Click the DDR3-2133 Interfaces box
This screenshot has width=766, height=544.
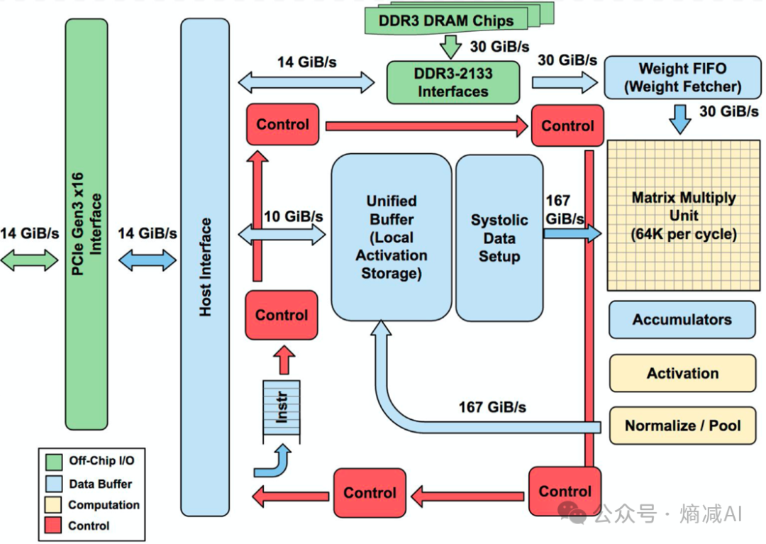(453, 82)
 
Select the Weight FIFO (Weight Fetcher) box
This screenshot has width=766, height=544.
(682, 77)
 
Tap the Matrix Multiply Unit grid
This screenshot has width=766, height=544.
(684, 216)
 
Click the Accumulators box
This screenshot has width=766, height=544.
(682, 320)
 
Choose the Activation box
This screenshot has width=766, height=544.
(682, 374)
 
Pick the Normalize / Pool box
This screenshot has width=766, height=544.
(682, 426)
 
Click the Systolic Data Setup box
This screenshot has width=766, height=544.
(499, 238)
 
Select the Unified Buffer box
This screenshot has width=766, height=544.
(392, 238)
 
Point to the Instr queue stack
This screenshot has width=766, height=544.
(282, 411)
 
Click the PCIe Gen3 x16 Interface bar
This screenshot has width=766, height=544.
(87, 224)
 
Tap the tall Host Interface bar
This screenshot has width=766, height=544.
(205, 267)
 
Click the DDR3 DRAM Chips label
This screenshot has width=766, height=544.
(446, 21)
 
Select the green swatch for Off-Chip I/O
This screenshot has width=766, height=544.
(54, 462)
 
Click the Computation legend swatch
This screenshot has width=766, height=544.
(54, 504)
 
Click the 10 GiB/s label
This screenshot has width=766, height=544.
(294, 216)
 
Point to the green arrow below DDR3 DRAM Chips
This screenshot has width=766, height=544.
(450, 46)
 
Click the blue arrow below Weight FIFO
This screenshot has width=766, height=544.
(679, 119)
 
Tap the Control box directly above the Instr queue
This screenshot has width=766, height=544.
(282, 315)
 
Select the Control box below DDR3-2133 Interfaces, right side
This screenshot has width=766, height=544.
(567, 126)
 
